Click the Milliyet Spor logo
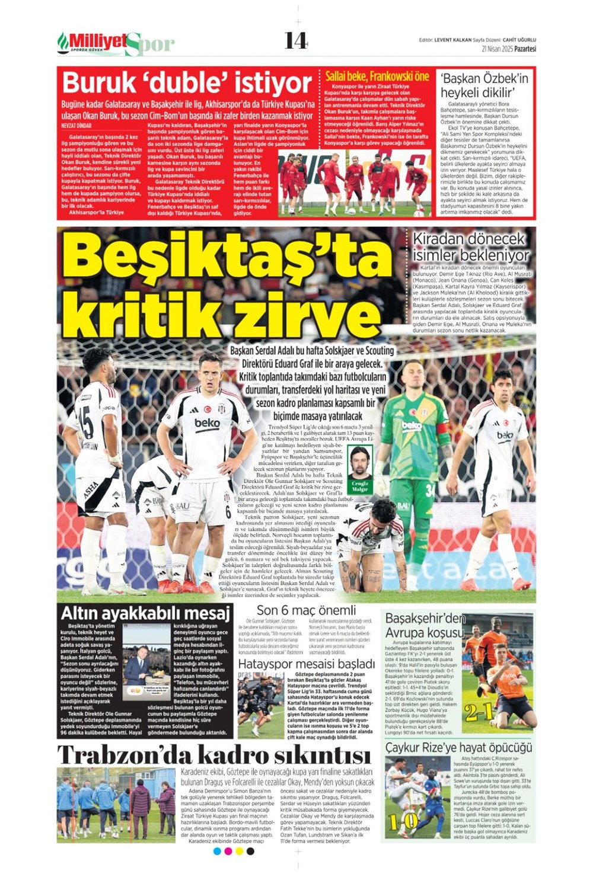[x=116, y=43]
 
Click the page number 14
[x=295, y=40]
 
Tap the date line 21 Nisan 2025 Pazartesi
[x=509, y=49]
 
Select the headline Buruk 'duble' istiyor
[x=187, y=82]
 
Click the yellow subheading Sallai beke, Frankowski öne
[x=377, y=76]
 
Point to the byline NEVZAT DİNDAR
[x=76, y=126]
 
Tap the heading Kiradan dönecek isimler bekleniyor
[x=471, y=246]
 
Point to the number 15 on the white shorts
[x=86, y=423]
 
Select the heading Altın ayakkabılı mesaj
[x=145, y=613]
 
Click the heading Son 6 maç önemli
[x=306, y=610]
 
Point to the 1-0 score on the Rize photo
[x=404, y=821]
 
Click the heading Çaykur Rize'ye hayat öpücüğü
[x=458, y=748]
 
